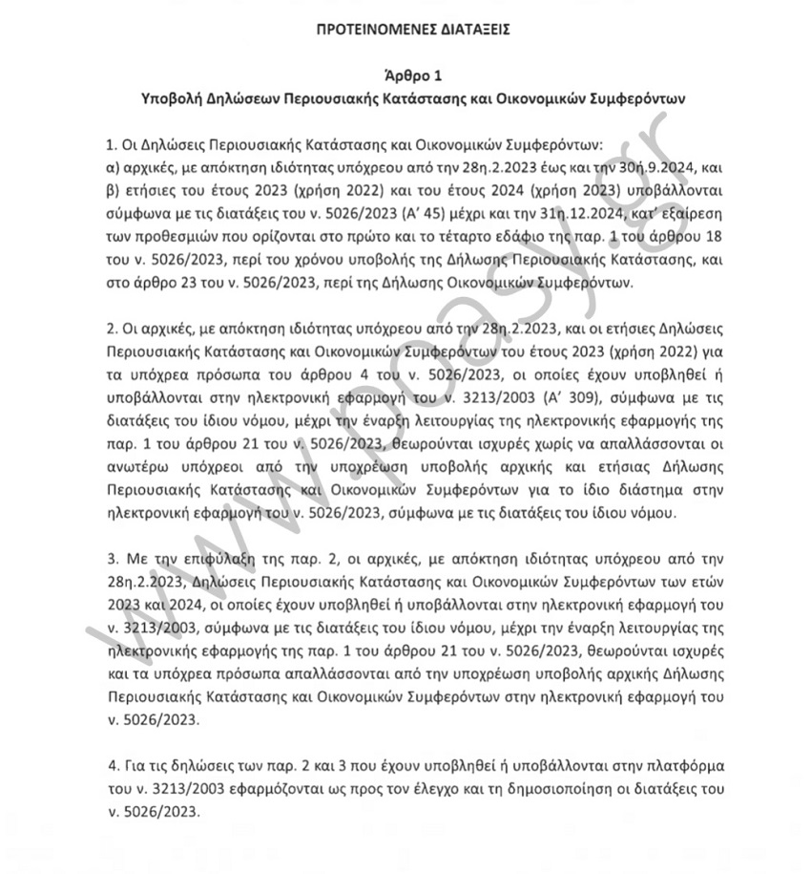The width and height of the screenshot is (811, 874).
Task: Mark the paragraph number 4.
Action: pyautogui.click(x=111, y=766)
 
